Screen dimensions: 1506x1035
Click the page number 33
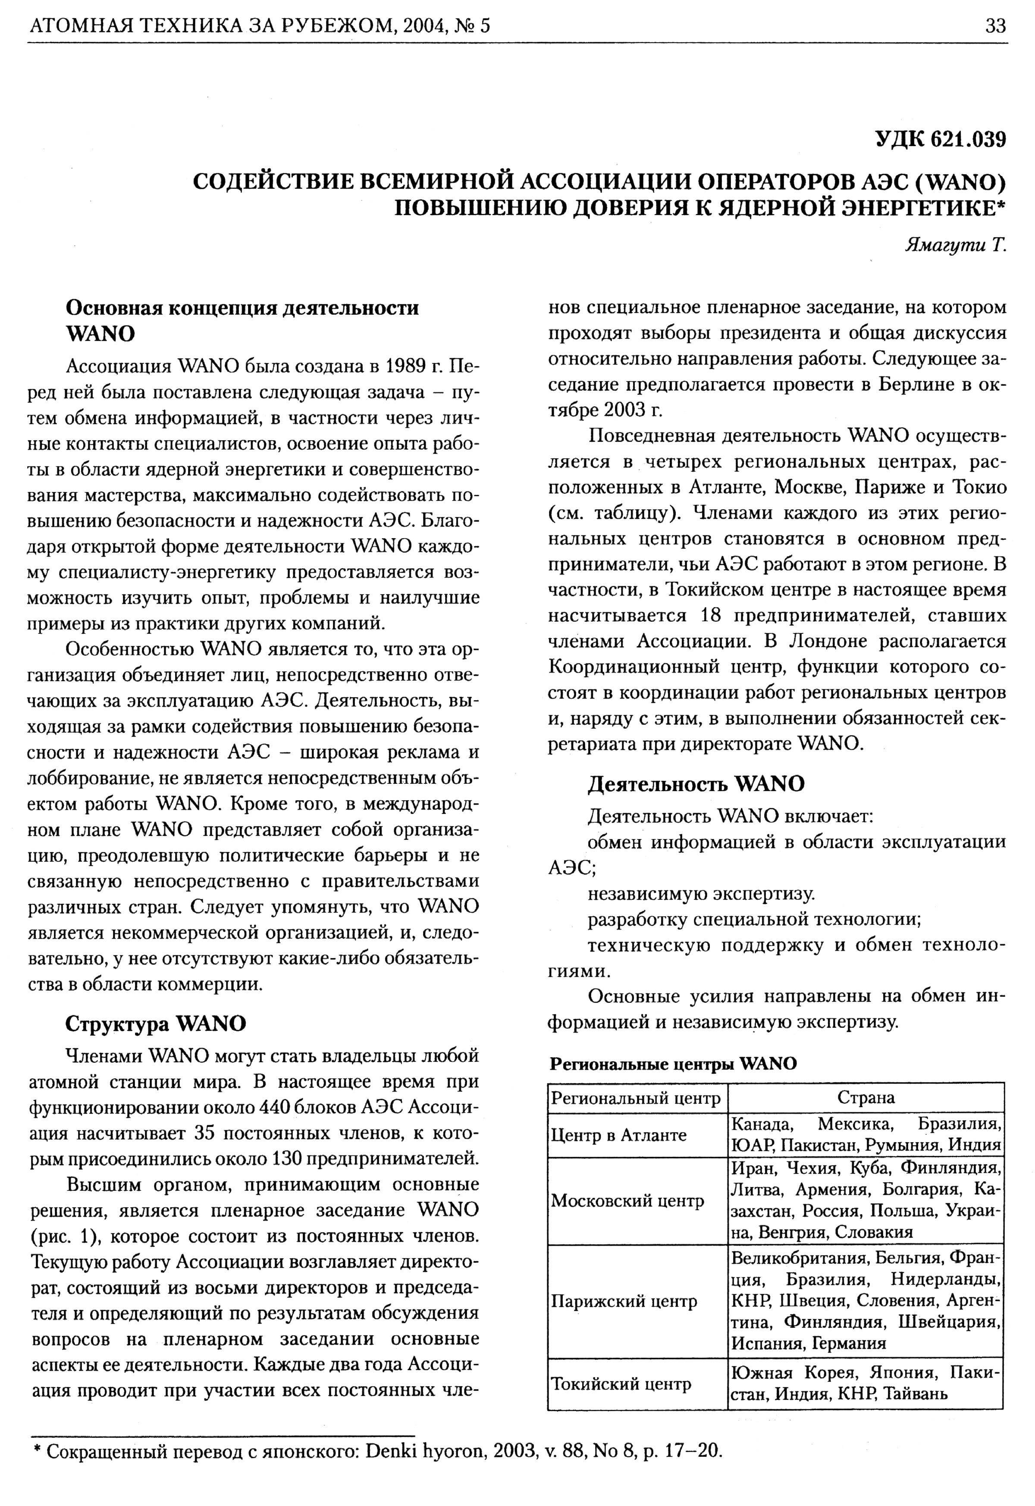tap(995, 26)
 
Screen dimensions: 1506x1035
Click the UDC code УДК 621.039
tap(940, 139)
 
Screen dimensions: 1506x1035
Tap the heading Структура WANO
tap(156, 1024)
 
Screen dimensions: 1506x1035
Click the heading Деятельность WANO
tap(696, 784)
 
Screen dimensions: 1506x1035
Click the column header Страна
tap(866, 1098)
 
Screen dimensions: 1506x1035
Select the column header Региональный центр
tap(636, 1098)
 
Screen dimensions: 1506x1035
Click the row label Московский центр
tap(627, 1201)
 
